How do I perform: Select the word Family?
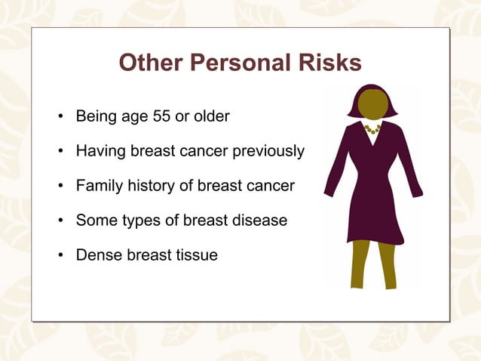97,186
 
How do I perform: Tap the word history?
149,186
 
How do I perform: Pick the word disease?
262,221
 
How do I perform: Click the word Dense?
97,255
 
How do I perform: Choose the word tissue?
198,255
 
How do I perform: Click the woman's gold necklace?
372,129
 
